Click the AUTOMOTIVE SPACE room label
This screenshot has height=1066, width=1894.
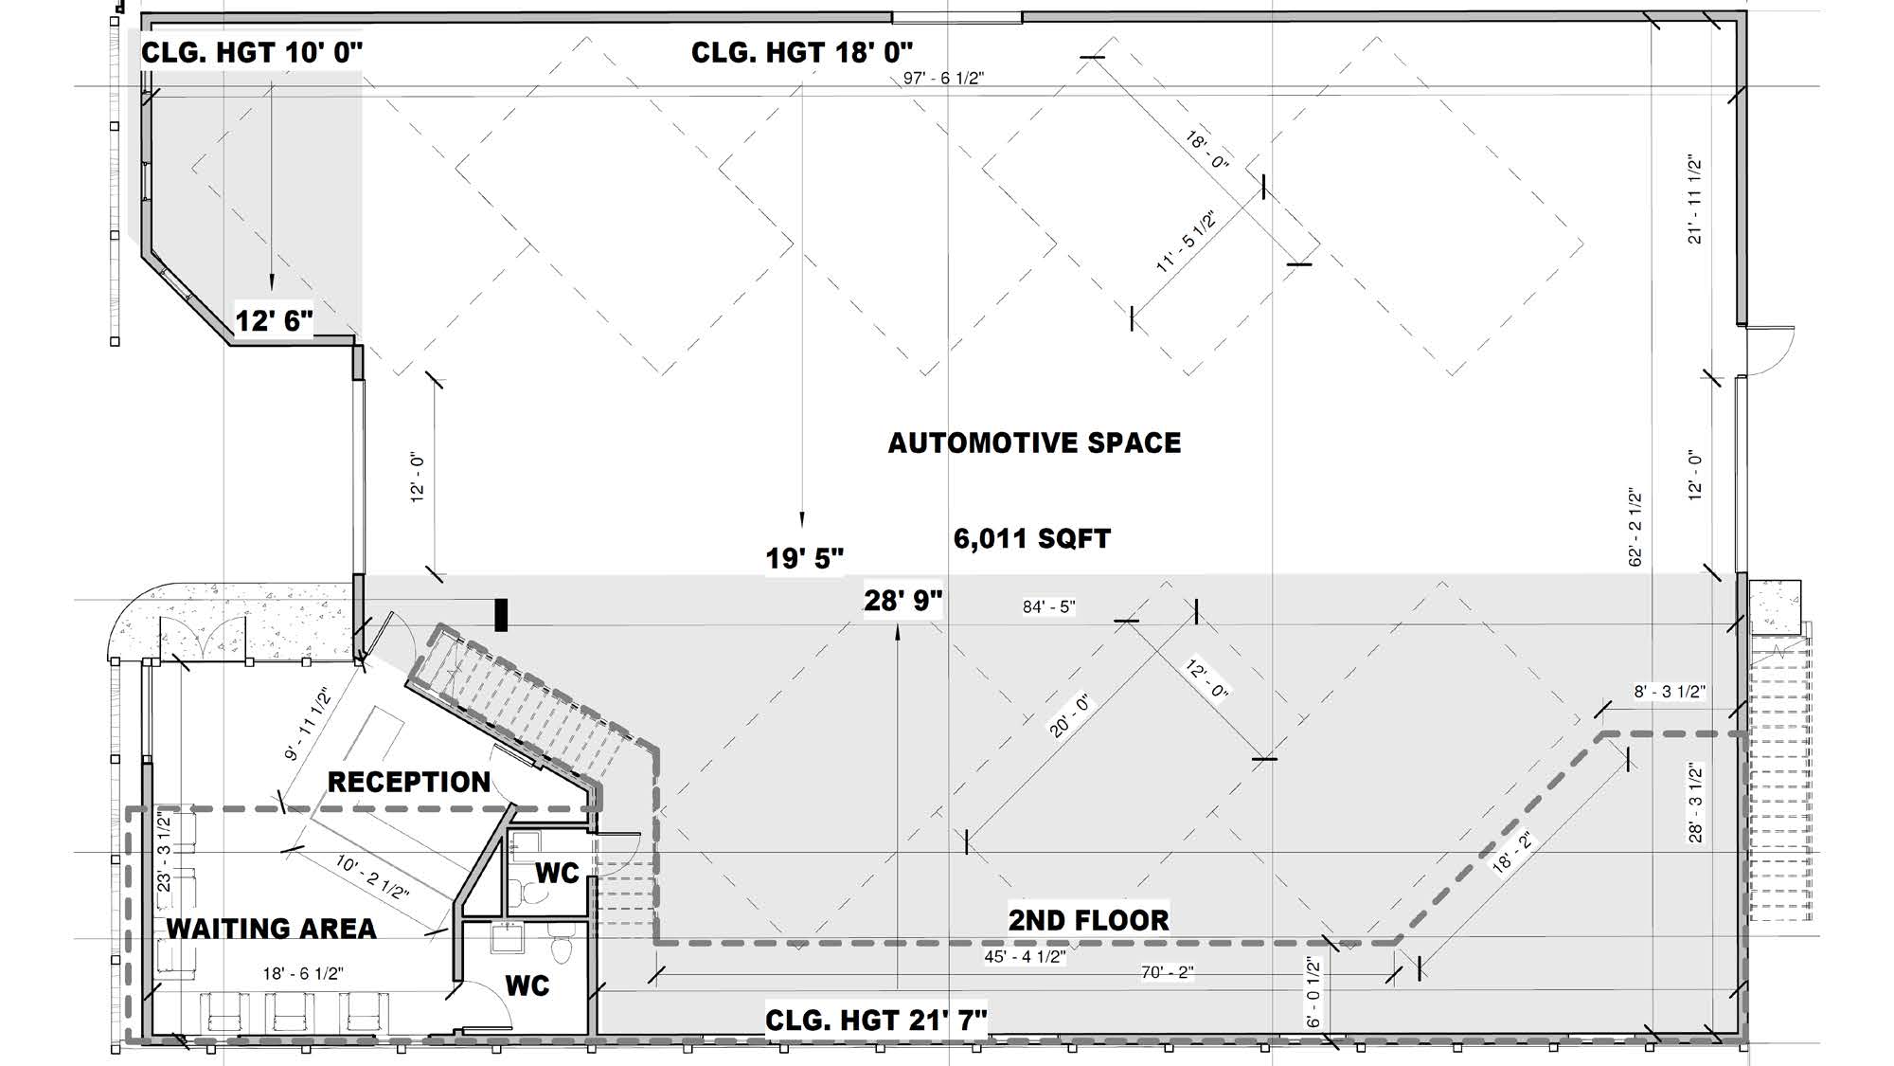pyautogui.click(x=1034, y=443)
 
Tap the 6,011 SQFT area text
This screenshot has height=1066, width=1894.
pyautogui.click(x=1031, y=539)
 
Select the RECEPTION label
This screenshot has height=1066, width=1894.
pyautogui.click(x=409, y=782)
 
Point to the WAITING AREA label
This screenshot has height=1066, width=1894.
pyautogui.click(x=272, y=929)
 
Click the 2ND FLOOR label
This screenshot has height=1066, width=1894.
pyautogui.click(x=1088, y=920)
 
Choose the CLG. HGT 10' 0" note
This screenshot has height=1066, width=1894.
pyautogui.click(x=252, y=52)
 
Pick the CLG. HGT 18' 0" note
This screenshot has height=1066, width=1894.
pyautogui.click(x=802, y=52)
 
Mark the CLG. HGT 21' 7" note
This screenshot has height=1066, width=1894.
pyautogui.click(x=876, y=1021)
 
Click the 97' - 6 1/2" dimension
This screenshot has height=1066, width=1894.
pyautogui.click(x=943, y=78)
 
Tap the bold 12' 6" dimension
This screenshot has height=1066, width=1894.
pyautogui.click(x=274, y=320)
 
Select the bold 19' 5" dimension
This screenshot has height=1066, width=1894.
pyautogui.click(x=804, y=558)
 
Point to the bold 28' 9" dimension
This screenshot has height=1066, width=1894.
pyautogui.click(x=903, y=601)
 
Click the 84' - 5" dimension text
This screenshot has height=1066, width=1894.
pyautogui.click(x=1049, y=606)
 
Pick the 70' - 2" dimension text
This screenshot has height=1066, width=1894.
pyautogui.click(x=1167, y=972)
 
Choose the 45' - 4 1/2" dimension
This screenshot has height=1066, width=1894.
pyautogui.click(x=1026, y=957)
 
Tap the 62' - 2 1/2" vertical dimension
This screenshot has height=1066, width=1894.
pyautogui.click(x=1635, y=528)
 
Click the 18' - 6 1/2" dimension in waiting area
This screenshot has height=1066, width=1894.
pyautogui.click(x=303, y=973)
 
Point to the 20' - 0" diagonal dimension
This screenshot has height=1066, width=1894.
pyautogui.click(x=1071, y=716)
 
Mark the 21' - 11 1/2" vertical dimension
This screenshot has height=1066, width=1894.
pyautogui.click(x=1695, y=200)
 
